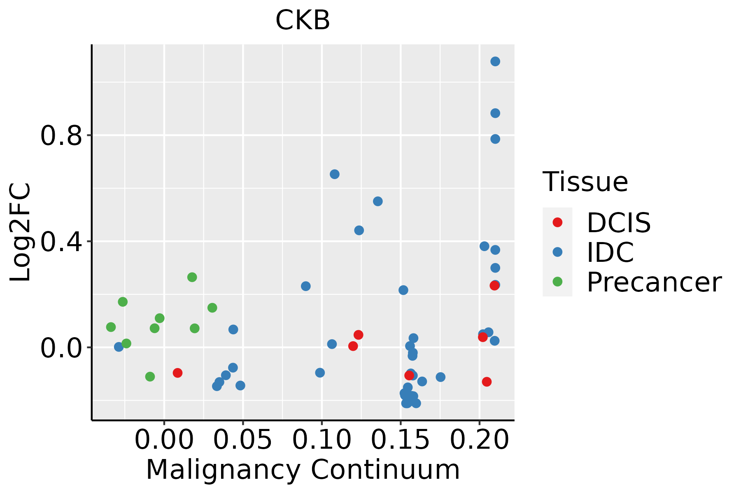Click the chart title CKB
(x=303, y=20)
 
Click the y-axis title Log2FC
(x=21, y=233)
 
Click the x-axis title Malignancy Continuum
(x=303, y=470)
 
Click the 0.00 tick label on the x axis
(x=164, y=440)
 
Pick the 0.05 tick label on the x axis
(x=243, y=440)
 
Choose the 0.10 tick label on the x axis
(x=322, y=440)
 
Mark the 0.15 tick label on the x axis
(x=401, y=440)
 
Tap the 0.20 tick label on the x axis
(x=479, y=440)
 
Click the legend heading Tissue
(x=585, y=182)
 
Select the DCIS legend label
(x=618, y=223)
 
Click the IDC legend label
(x=610, y=252)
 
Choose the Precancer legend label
(x=654, y=282)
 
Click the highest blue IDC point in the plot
(x=495, y=61)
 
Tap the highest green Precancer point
(x=192, y=277)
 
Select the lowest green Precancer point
(x=150, y=376)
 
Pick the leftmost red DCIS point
(x=177, y=373)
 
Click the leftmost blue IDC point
(x=119, y=347)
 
